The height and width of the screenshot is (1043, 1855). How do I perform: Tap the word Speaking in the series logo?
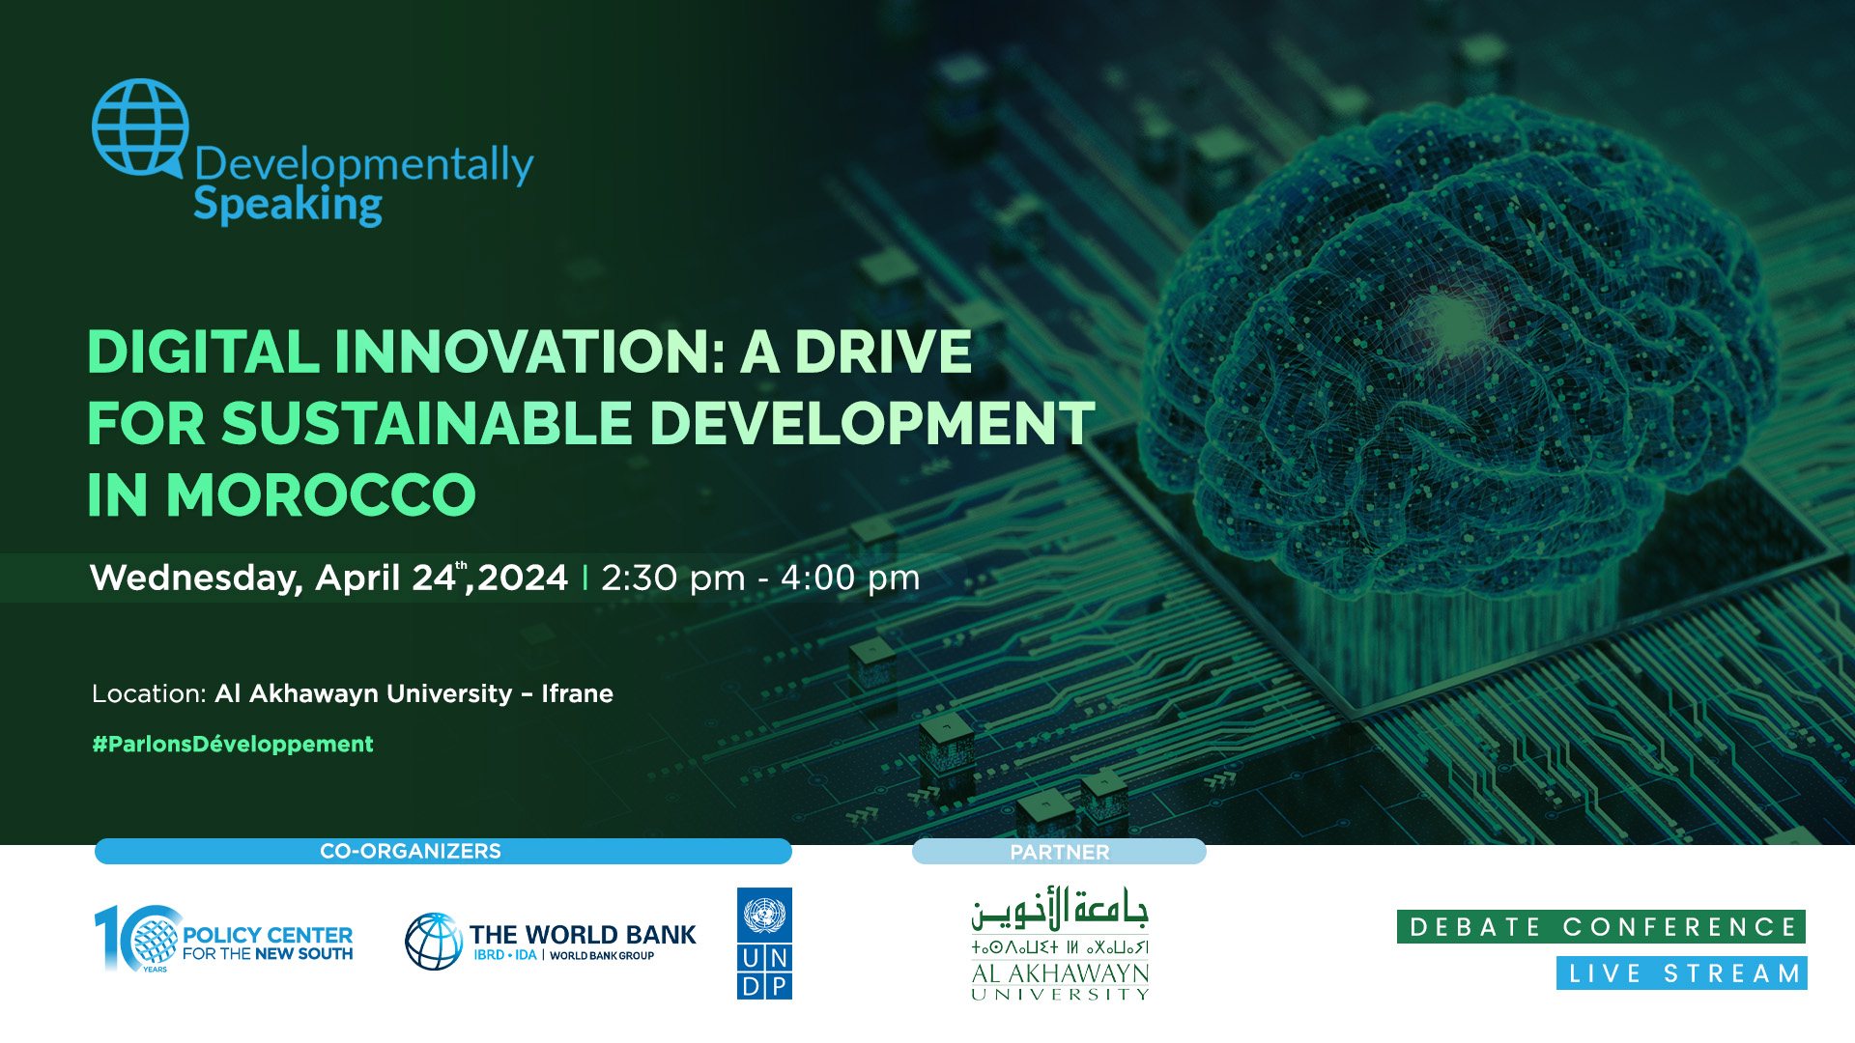coord(288,206)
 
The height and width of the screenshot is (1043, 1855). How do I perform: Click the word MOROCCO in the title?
coord(321,495)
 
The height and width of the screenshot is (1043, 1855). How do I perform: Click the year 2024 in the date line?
coord(523,578)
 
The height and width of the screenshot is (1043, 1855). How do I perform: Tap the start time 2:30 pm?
coord(673,578)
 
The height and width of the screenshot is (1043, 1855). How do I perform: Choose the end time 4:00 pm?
coord(850,578)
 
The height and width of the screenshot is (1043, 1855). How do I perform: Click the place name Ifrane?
coord(577,693)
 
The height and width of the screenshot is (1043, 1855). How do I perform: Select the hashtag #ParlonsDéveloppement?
coord(233,744)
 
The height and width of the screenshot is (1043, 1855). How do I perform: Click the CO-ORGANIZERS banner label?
coord(411,851)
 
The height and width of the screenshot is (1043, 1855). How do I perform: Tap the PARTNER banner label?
coord(1060,852)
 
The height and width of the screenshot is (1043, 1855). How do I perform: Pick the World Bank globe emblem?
coord(434,942)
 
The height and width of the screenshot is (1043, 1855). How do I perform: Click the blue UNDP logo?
coord(764,944)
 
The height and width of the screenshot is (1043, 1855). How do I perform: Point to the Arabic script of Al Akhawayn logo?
coord(1060,910)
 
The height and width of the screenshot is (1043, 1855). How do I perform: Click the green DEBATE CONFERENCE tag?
coord(1601,927)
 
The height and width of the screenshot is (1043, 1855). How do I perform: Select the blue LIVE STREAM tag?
coord(1682,973)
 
